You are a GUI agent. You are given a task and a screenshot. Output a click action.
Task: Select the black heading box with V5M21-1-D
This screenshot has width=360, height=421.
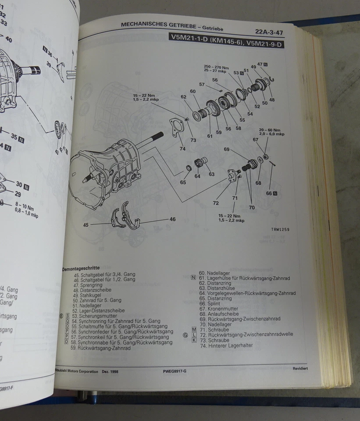(226, 43)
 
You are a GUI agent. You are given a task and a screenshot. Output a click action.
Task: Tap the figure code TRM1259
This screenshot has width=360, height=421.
(280, 229)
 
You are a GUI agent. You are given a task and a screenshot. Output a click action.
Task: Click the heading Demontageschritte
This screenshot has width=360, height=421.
(81, 268)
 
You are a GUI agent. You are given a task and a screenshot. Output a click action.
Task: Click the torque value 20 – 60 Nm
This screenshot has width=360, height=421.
(270, 130)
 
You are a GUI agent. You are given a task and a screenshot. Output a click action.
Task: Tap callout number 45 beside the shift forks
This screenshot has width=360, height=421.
(86, 225)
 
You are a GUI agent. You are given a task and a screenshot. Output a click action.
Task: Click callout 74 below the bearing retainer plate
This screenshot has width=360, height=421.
(182, 149)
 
